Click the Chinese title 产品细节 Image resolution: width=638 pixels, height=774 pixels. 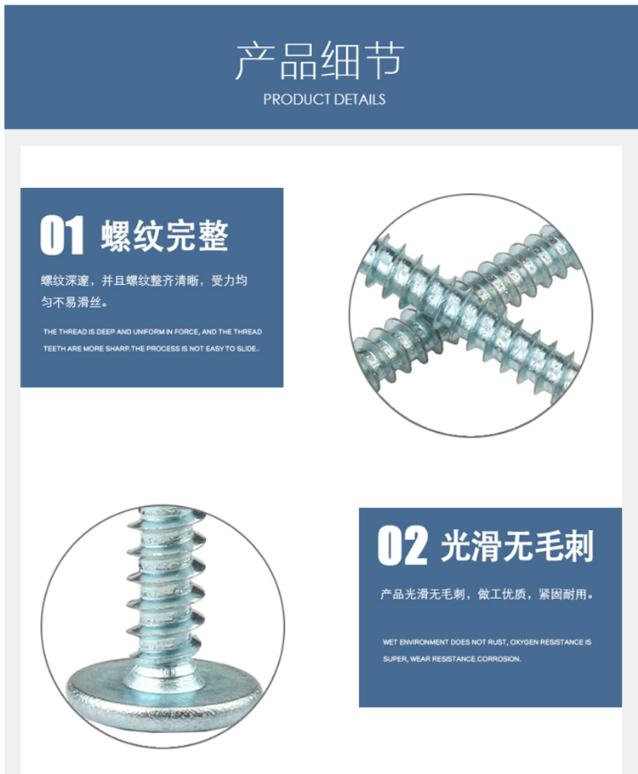coord(320,60)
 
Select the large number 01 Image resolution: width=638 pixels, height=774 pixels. coord(62,235)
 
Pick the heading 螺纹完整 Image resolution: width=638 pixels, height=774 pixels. coord(165,236)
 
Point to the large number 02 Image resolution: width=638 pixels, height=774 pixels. coord(402,545)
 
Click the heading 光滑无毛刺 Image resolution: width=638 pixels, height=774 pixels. coord(517,546)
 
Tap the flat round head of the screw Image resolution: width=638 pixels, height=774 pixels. coord(164,690)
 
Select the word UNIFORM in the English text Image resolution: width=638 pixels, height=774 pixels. coord(149,332)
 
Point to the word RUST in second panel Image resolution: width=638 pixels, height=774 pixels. coord(496,642)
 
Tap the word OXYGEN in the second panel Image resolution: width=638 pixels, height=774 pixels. coord(524,642)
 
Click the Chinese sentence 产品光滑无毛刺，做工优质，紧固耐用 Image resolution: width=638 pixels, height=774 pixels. coord(487,595)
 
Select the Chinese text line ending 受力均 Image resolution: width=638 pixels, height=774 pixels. coord(144,281)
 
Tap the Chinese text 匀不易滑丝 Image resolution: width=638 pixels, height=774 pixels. coord(75,302)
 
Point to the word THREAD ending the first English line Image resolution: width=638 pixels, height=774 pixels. coord(248,332)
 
